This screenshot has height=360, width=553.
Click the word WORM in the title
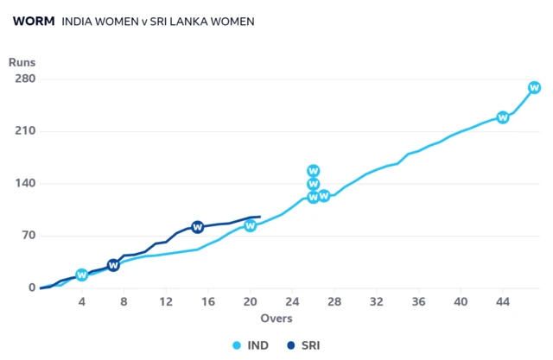[34, 21]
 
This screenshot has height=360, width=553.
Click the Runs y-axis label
[22, 62]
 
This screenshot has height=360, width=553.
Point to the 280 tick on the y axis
[23, 79]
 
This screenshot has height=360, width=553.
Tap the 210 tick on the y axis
[23, 131]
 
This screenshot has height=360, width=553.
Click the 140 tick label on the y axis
[23, 184]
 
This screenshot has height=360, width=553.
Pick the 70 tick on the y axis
[27, 236]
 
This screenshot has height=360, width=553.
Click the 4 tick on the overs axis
[82, 301]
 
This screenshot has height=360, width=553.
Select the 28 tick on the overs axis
[334, 301]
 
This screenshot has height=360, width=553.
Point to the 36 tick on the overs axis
[418, 301]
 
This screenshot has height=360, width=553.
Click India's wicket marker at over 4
[82, 275]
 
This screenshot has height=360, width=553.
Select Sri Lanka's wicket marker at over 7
[113, 265]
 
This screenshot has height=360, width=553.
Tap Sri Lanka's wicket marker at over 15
[197, 227]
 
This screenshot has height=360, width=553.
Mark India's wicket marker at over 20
[250, 225]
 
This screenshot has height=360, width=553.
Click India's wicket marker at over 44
[502, 117]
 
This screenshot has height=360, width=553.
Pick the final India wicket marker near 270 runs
[534, 87]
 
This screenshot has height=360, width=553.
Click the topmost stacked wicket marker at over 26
[313, 171]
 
